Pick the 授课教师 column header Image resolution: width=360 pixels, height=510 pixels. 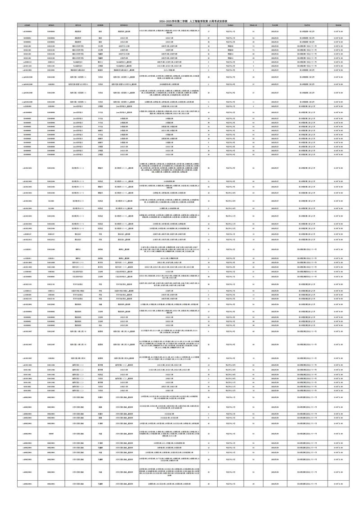click(x=100, y=26)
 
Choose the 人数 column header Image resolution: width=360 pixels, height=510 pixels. click(x=208, y=26)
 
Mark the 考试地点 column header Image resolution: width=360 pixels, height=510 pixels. click(x=230, y=26)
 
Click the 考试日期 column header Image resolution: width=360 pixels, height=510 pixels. click(x=274, y=26)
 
